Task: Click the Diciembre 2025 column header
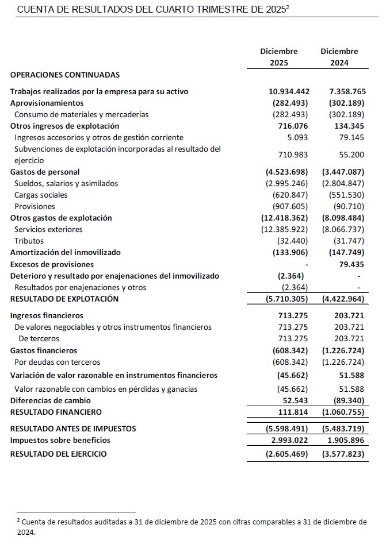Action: tap(279, 57)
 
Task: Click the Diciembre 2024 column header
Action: tap(339, 57)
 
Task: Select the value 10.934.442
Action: tap(289, 91)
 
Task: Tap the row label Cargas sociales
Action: tap(41, 195)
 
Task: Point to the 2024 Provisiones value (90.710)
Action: tap(349, 206)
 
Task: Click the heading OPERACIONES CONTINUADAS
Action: tap(65, 75)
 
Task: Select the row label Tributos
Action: tap(29, 241)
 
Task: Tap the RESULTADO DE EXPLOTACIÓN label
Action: tap(64, 299)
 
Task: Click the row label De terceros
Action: tap(39, 338)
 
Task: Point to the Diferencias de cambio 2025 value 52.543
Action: tap(293, 400)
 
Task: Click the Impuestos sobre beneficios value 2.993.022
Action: tap(289, 440)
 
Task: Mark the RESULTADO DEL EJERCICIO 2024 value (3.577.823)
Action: tap(344, 454)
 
